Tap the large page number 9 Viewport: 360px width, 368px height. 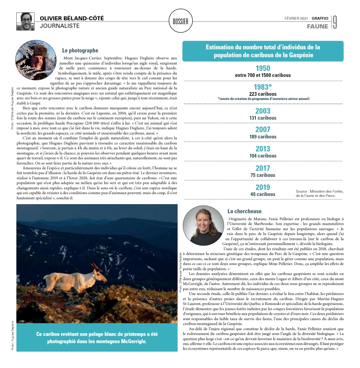pyautogui.click(x=335, y=22)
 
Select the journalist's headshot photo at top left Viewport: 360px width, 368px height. pyautogui.click(x=25, y=21)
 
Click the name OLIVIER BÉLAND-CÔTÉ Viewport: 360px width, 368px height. pyautogui.click(x=72, y=18)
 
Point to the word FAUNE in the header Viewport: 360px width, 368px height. pyautogui.click(x=317, y=26)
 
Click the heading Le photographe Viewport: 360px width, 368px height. pyautogui.click(x=80, y=51)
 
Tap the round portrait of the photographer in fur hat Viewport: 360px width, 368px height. pyautogui.click(x=36, y=60)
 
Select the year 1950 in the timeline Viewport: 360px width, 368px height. pyautogui.click(x=263, y=68)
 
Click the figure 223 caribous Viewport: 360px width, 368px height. pyautogui.click(x=263, y=94)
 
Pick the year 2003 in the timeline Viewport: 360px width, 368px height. pyautogui.click(x=263, y=111)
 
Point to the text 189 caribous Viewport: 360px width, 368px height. pyautogui.click(x=263, y=137)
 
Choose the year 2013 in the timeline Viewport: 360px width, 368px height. pyautogui.click(x=263, y=149)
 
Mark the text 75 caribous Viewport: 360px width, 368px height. pyautogui.click(x=263, y=175)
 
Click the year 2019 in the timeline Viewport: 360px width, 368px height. pyautogui.click(x=263, y=187)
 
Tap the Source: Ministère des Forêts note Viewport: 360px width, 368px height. pyautogui.click(x=319, y=193)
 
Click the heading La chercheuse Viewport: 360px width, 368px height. pyautogui.click(x=244, y=211)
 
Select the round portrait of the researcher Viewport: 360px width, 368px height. pyautogui.click(x=203, y=226)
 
